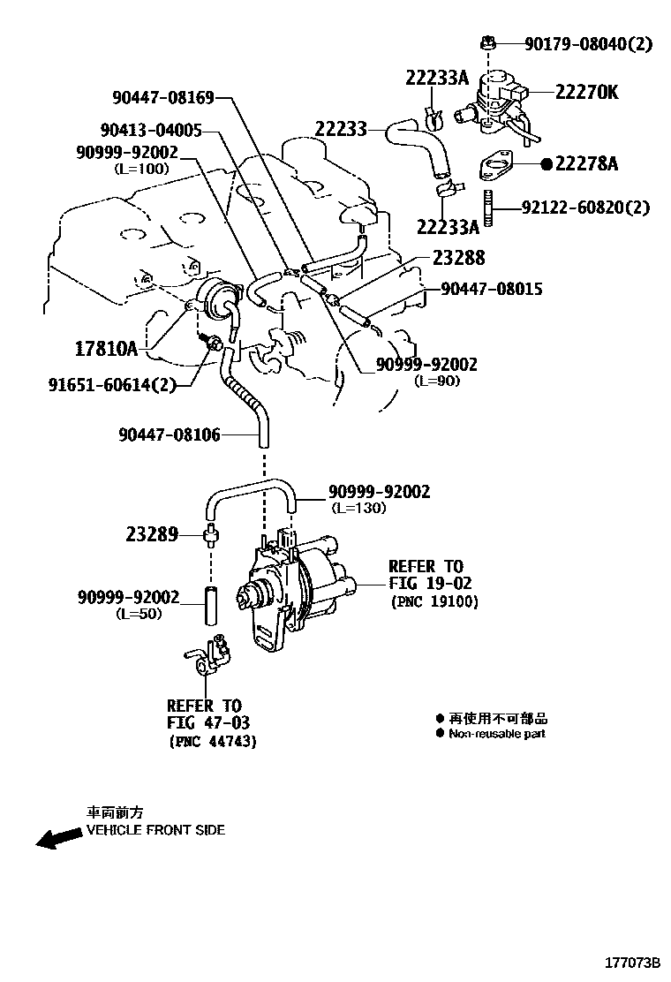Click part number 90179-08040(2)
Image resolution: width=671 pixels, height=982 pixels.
(x=588, y=43)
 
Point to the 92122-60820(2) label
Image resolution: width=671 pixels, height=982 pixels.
(x=585, y=208)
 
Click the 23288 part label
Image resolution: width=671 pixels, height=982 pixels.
(x=458, y=258)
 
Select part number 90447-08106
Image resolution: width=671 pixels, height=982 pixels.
(x=169, y=434)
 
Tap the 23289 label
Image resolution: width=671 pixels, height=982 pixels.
(x=151, y=534)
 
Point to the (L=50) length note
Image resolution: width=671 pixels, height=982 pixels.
(x=139, y=614)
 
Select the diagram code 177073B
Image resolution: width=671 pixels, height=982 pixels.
(x=632, y=961)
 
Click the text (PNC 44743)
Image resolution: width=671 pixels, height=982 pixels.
(x=212, y=742)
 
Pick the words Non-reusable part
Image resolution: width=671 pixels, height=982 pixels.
(x=496, y=734)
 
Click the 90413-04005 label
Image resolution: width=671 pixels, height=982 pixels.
(x=151, y=130)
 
